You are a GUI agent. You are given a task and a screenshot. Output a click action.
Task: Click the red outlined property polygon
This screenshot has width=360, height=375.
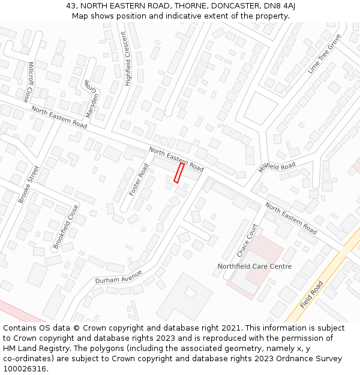coord(179,172)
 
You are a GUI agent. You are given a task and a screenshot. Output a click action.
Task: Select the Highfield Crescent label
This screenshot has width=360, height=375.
coord(128,59)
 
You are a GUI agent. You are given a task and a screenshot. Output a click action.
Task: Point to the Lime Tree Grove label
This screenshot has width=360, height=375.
coord(324,53)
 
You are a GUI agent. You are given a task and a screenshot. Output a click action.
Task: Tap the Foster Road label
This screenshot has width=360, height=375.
coord(139,179)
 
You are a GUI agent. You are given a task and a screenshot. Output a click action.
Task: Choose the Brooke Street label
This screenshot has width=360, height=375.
coord(29,184)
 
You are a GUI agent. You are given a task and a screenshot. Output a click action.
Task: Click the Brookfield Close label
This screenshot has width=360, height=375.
coord(66,227)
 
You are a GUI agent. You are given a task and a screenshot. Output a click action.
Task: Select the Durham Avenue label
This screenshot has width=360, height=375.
coord(118,277)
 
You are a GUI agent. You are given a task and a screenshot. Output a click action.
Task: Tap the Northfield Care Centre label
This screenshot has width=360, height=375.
coord(254,266)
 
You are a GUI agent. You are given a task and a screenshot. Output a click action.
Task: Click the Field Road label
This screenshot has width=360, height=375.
coord(311,294)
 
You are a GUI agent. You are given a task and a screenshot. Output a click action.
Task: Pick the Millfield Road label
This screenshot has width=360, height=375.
coord(277,166)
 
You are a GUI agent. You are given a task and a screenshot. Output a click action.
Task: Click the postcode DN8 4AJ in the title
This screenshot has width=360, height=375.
coord(281,6)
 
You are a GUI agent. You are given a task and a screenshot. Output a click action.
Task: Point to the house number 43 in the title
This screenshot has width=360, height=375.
coord(71,6)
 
